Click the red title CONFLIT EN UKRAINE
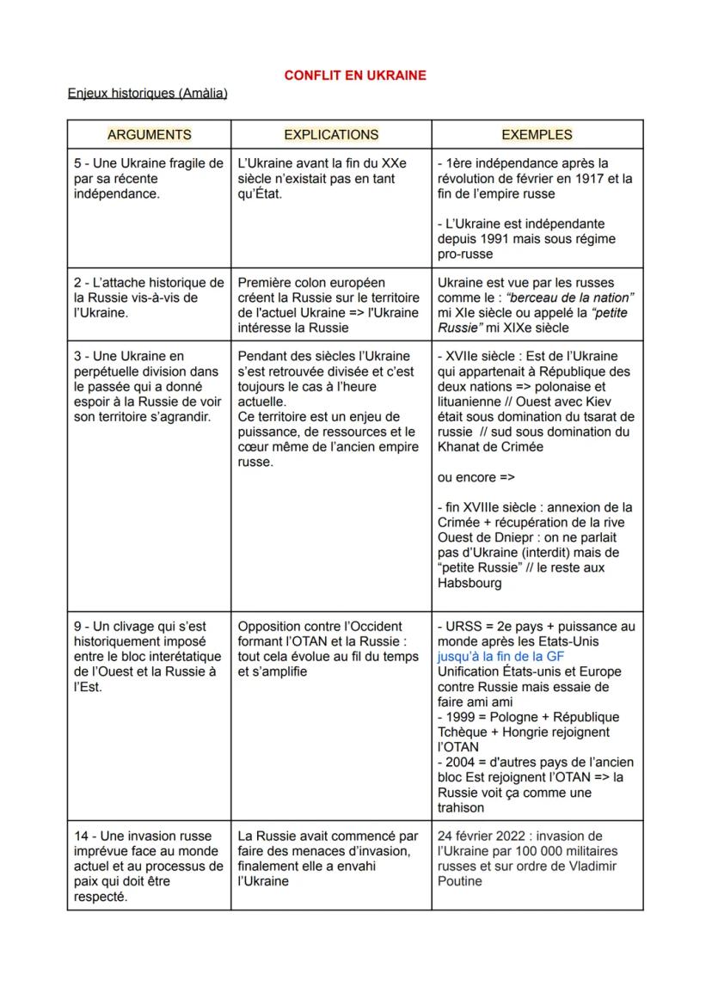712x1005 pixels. pyautogui.click(x=355, y=76)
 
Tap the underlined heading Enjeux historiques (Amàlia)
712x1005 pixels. pyautogui.click(x=147, y=93)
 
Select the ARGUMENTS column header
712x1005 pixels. pyautogui.click(x=149, y=134)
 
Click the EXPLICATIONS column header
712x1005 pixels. pyautogui.click(x=331, y=134)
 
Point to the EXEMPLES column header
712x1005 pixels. pyautogui.click(x=537, y=134)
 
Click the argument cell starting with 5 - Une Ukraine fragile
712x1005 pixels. pyautogui.click(x=148, y=178)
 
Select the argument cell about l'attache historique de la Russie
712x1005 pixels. pyautogui.click(x=148, y=297)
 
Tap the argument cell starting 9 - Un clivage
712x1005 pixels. pyautogui.click(x=148, y=657)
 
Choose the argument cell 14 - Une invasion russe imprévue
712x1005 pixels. pyautogui.click(x=148, y=866)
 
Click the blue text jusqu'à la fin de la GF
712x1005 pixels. pyautogui.click(x=500, y=656)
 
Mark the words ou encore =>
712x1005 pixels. pyautogui.click(x=476, y=477)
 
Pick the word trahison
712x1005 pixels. pyautogui.click(x=461, y=808)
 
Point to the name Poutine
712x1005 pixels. pyautogui.click(x=460, y=881)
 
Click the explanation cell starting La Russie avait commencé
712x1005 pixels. pyautogui.click(x=329, y=858)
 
